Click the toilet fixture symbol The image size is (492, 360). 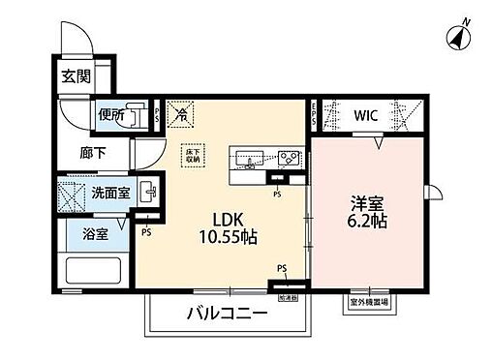click(x=137, y=113)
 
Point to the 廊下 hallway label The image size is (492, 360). click(x=93, y=153)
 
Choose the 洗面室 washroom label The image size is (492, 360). click(x=110, y=194)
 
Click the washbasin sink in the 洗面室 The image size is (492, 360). click(x=146, y=190)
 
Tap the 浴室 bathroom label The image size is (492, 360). click(x=94, y=232)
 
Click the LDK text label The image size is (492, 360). click(x=228, y=218)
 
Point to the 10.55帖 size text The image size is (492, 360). click(x=228, y=236)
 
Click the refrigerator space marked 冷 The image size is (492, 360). click(x=181, y=114)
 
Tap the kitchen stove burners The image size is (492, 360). click(x=288, y=158)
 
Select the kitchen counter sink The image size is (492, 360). click(x=246, y=159)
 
